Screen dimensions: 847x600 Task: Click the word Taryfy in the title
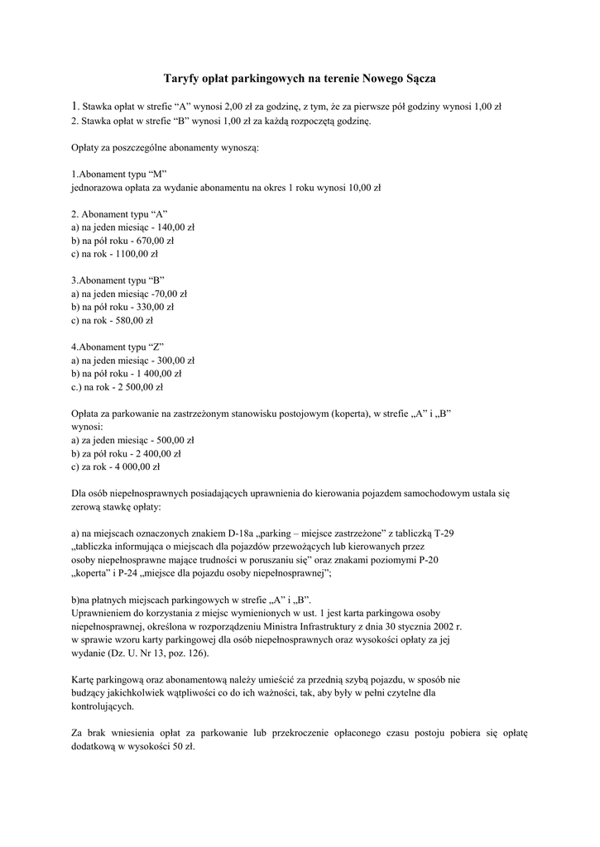coord(184,79)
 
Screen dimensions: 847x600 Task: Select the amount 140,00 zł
coord(176,227)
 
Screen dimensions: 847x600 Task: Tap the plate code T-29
coord(444,534)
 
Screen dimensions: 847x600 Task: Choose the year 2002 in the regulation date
coord(444,627)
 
